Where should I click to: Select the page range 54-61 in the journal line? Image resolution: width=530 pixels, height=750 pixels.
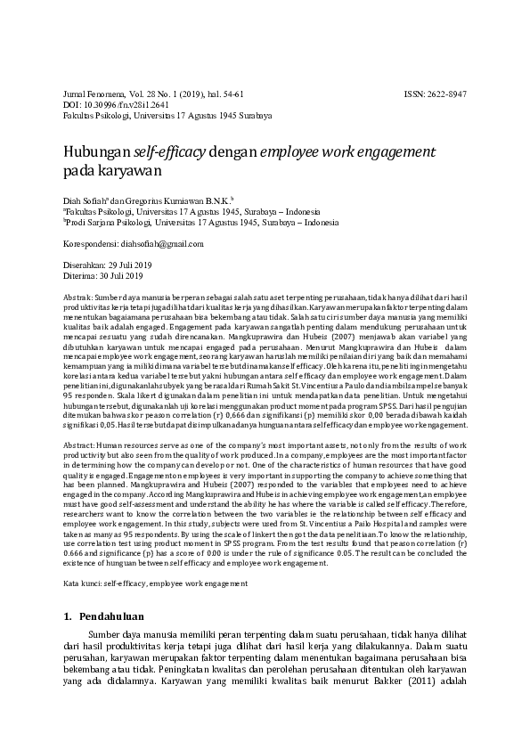tap(227, 94)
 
